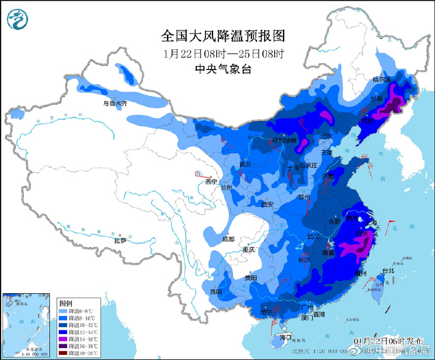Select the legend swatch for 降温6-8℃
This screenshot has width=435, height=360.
[x=64, y=311]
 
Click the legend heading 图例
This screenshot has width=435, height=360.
[x=66, y=303]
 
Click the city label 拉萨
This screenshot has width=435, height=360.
[x=120, y=240]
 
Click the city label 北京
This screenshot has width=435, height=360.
[x=325, y=136]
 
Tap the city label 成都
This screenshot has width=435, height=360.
[x=228, y=239]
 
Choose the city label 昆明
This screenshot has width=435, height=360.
[x=216, y=291]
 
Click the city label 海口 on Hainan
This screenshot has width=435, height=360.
[x=286, y=338]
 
